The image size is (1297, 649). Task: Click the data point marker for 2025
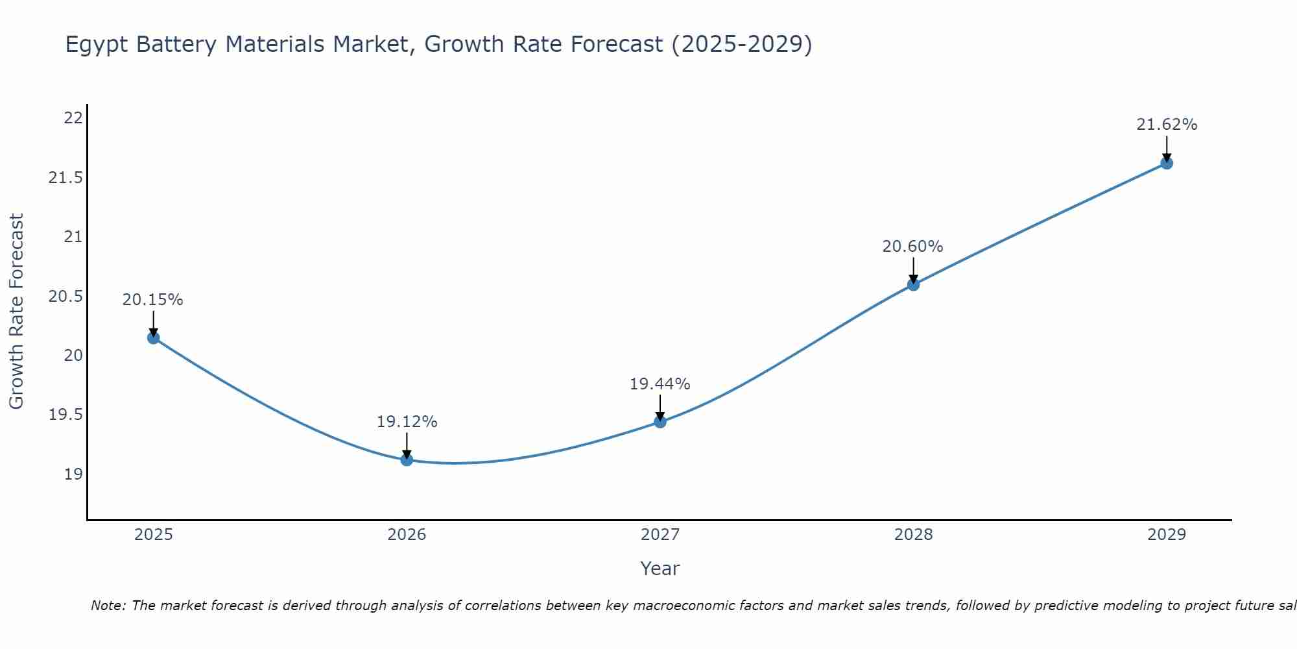click(153, 337)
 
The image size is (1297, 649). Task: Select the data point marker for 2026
click(407, 459)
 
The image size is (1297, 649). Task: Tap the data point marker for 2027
click(660, 422)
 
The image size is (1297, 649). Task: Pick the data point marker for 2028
click(913, 284)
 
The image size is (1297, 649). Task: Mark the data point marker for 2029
click(1167, 163)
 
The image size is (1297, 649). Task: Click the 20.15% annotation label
click(153, 300)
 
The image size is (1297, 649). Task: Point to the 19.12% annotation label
click(407, 422)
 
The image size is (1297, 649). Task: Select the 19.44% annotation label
click(660, 384)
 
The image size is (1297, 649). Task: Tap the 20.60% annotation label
click(912, 247)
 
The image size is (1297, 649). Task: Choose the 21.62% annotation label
click(1167, 125)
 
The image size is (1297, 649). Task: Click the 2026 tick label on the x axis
click(407, 535)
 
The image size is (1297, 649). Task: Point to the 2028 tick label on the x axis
click(913, 535)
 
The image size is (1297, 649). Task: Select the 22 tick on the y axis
click(73, 118)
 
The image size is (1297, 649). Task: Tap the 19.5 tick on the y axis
click(66, 415)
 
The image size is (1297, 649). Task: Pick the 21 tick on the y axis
click(73, 237)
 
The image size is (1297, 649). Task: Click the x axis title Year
click(660, 569)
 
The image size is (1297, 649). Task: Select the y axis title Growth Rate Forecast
click(17, 312)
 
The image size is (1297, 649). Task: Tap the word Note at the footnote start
click(108, 606)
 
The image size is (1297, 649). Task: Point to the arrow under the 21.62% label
click(1167, 149)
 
